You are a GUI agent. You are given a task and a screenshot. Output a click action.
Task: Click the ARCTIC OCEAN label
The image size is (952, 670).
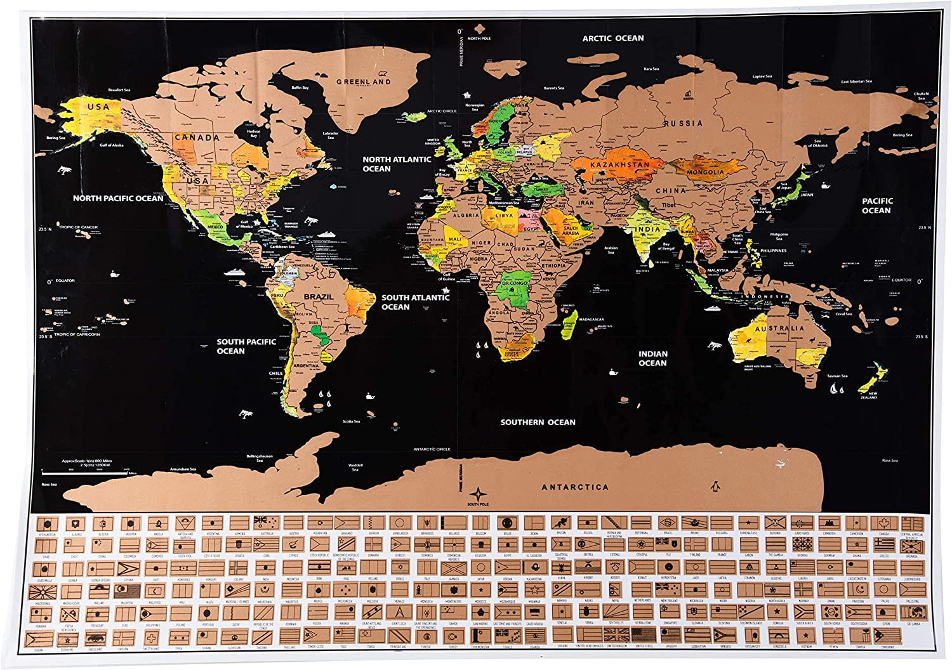click(613, 38)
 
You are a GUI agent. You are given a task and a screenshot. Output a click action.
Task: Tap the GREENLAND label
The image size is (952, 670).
click(364, 82)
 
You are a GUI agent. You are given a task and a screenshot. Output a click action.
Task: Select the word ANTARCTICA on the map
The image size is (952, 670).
click(574, 487)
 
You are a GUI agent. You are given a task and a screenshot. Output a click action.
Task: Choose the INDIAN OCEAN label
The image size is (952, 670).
click(653, 358)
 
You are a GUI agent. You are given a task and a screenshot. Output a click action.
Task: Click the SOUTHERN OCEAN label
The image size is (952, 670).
click(538, 422)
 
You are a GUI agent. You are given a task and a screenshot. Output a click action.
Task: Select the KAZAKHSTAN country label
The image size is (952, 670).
click(619, 165)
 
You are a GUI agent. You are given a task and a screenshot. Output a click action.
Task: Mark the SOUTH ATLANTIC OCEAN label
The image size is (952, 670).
click(415, 302)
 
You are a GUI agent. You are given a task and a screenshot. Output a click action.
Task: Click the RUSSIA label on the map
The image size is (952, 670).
click(682, 123)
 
